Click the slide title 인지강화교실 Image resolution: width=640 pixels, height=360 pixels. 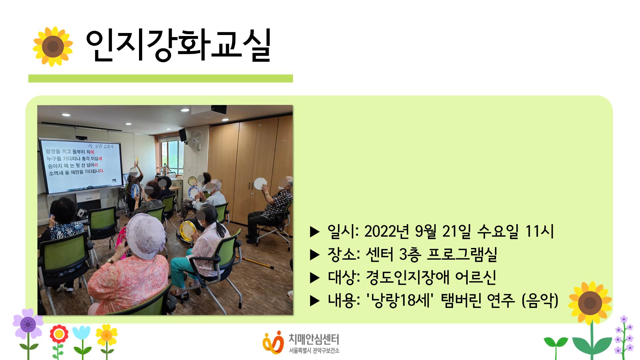point(178,46)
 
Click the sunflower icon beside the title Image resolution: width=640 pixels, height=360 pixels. point(53,46)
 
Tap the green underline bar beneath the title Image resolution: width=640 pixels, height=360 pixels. point(160,78)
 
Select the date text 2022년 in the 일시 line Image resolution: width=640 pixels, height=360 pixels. point(387,231)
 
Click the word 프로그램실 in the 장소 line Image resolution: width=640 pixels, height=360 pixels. point(462,254)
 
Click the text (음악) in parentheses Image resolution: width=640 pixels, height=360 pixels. point(540,300)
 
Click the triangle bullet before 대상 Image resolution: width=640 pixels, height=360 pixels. point(315,278)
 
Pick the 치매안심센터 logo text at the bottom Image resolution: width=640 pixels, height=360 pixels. point(314,339)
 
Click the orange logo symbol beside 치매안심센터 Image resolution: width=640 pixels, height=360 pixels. point(273,342)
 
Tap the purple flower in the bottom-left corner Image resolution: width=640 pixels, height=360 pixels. point(28,324)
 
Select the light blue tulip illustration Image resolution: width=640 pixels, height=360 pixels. point(81,333)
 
